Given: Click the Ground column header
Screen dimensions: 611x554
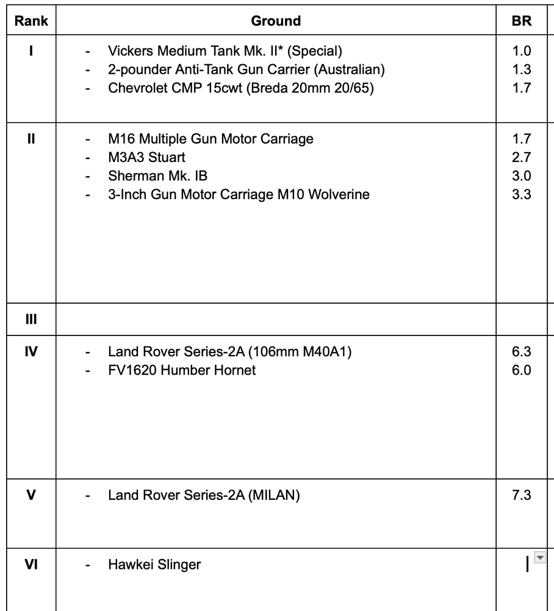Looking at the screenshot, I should click(x=276, y=21).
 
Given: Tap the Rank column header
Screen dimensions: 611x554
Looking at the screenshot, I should click(x=31, y=21).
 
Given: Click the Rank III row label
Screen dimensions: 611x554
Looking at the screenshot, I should click(x=31, y=319).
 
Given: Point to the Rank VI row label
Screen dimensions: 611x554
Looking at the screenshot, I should click(x=31, y=564).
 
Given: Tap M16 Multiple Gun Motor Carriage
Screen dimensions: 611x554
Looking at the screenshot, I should click(x=210, y=139).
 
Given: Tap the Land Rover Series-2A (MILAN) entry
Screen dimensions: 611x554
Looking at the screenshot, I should click(x=203, y=494).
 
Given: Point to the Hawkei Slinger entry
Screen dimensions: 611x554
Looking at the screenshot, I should click(x=154, y=564).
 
